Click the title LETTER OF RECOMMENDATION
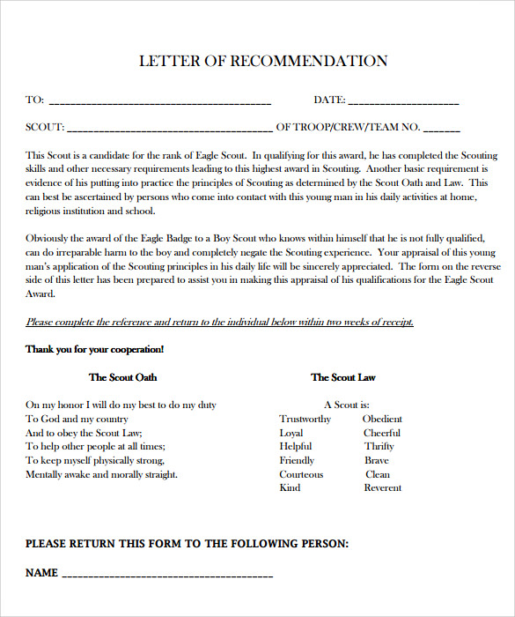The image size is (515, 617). (263, 62)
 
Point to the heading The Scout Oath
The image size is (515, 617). (122, 377)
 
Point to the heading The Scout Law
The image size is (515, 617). (342, 377)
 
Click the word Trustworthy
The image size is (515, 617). (305, 419)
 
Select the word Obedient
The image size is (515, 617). (382, 419)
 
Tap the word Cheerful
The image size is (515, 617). (381, 433)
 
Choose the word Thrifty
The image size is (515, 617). (379, 446)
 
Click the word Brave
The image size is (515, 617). (376, 460)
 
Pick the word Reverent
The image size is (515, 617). (382, 487)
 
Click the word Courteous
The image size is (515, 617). (301, 474)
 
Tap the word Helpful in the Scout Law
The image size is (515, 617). (295, 446)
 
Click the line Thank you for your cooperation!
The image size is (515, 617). (94, 349)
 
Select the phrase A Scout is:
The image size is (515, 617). (341, 405)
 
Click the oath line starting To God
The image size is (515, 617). (77, 419)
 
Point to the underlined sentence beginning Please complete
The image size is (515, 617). (219, 322)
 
